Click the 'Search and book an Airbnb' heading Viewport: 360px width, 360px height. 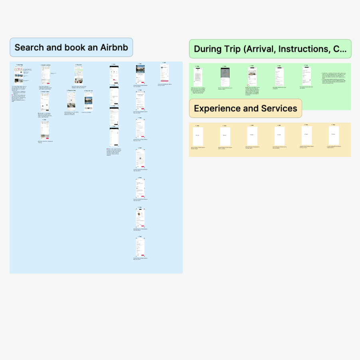tap(71, 47)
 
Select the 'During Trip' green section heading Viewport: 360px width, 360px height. tap(270, 49)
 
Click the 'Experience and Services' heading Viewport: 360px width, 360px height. tap(245, 109)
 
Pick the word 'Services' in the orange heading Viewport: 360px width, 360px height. tap(279, 109)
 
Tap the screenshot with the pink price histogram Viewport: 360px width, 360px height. tap(114, 76)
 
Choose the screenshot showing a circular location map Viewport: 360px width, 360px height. tap(140, 159)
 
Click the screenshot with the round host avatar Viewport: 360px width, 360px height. tap(140, 218)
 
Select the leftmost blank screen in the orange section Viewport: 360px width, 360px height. tap(198, 136)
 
